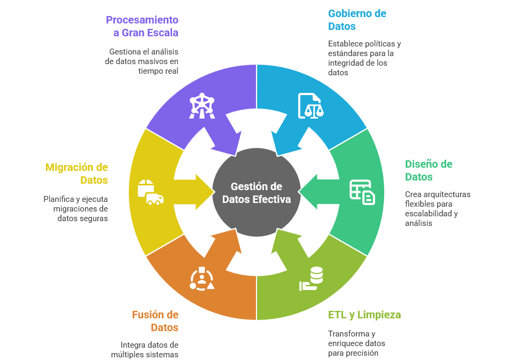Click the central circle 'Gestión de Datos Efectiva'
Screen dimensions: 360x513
pyautogui.click(x=256, y=192)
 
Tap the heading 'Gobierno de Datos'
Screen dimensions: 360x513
pyautogui.click(x=357, y=20)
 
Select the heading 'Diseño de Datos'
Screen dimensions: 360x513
pyautogui.click(x=429, y=170)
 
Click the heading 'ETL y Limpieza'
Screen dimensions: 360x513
pyautogui.click(x=364, y=315)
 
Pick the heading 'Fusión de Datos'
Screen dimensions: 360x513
pyautogui.click(x=156, y=321)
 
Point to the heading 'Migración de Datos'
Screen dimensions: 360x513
pyautogui.click(x=77, y=174)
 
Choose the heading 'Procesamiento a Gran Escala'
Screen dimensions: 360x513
pyautogui.click(x=142, y=26)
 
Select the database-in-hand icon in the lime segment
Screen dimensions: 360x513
pyautogui.click(x=311, y=278)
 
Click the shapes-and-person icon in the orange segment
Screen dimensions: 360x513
pyautogui.click(x=203, y=278)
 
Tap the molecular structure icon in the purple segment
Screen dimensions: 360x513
pyautogui.click(x=202, y=106)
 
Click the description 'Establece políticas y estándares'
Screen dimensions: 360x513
pyautogui.click(x=364, y=58)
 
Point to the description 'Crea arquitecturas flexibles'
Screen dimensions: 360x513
pyautogui.click(x=438, y=208)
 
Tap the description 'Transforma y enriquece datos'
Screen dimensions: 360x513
pyautogui.click(x=356, y=343)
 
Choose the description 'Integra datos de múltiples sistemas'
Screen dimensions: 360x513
pyautogui.click(x=145, y=349)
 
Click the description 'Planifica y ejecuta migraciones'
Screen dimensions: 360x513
pyautogui.click(x=76, y=208)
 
